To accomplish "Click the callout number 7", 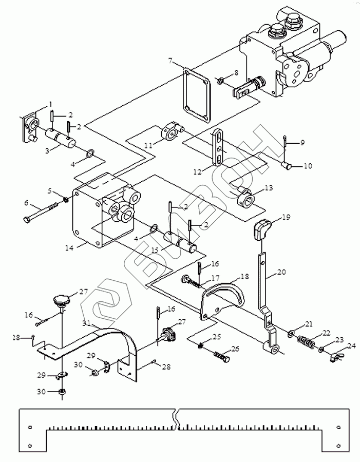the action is tap(170, 61).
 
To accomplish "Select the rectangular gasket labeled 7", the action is tap(196, 96).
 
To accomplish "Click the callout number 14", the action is tap(69, 247).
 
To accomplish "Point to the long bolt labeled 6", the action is tap(40, 212).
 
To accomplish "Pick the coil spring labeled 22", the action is tap(306, 341).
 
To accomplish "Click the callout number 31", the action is tap(86, 323).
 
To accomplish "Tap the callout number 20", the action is tap(281, 272).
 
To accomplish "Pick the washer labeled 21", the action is tap(291, 334).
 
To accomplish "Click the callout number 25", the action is tap(217, 337).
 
